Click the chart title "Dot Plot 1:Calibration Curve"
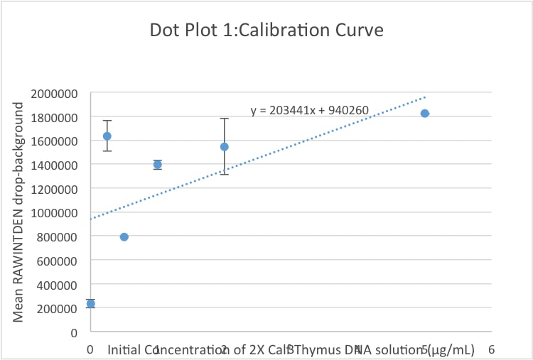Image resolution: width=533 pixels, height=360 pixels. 266,31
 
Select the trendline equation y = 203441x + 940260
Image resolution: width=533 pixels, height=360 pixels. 309,111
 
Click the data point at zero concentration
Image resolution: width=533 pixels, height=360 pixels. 90,303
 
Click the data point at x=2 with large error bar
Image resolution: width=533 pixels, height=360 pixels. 224,147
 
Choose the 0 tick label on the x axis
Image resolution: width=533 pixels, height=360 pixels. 90,349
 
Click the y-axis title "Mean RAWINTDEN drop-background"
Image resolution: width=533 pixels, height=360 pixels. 19,212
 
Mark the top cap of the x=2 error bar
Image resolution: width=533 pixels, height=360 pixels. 224,119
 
